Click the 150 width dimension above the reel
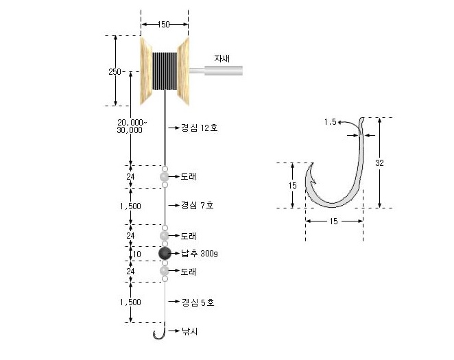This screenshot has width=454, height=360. pyautogui.click(x=164, y=25)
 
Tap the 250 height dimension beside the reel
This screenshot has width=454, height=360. pyautogui.click(x=115, y=72)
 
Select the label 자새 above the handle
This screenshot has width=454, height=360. pyautogui.click(x=222, y=58)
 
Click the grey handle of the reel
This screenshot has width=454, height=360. pyautogui.click(x=216, y=71)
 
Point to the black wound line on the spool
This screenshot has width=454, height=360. pyautogui.click(x=165, y=71)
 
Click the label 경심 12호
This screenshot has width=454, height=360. pyautogui.click(x=199, y=128)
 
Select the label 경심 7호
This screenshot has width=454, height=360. pyautogui.click(x=198, y=205)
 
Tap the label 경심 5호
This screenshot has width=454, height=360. pyautogui.click(x=198, y=302)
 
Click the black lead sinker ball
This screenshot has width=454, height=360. pyautogui.click(x=165, y=253)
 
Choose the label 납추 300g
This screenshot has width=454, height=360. pyautogui.click(x=200, y=254)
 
